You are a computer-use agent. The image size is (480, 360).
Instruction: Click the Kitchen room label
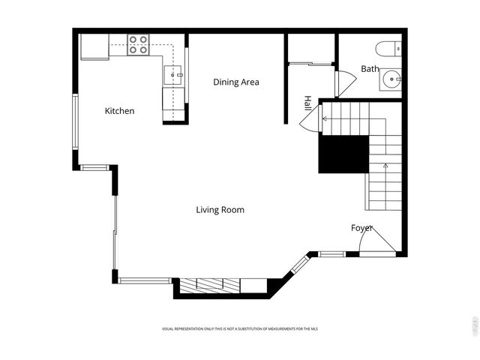click(x=119, y=111)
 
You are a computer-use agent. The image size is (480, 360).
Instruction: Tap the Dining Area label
click(x=236, y=82)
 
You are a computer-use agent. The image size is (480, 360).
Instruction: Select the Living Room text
click(x=220, y=210)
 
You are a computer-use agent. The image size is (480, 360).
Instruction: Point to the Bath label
click(x=370, y=69)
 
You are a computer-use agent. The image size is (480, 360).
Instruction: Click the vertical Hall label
click(x=307, y=104)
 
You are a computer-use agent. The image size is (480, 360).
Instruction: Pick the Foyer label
click(x=361, y=228)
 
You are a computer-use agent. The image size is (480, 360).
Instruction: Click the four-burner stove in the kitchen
click(x=138, y=45)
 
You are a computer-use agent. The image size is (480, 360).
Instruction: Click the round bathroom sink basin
click(x=391, y=78)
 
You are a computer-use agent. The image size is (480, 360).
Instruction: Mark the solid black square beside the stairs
click(x=343, y=154)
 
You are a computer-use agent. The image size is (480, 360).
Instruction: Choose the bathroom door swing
click(x=346, y=82)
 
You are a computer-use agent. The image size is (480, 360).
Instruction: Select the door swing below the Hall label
click(x=312, y=120)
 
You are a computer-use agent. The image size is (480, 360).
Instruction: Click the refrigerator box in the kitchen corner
click(x=95, y=47)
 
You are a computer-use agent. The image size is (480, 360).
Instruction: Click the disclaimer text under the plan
click(x=240, y=328)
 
